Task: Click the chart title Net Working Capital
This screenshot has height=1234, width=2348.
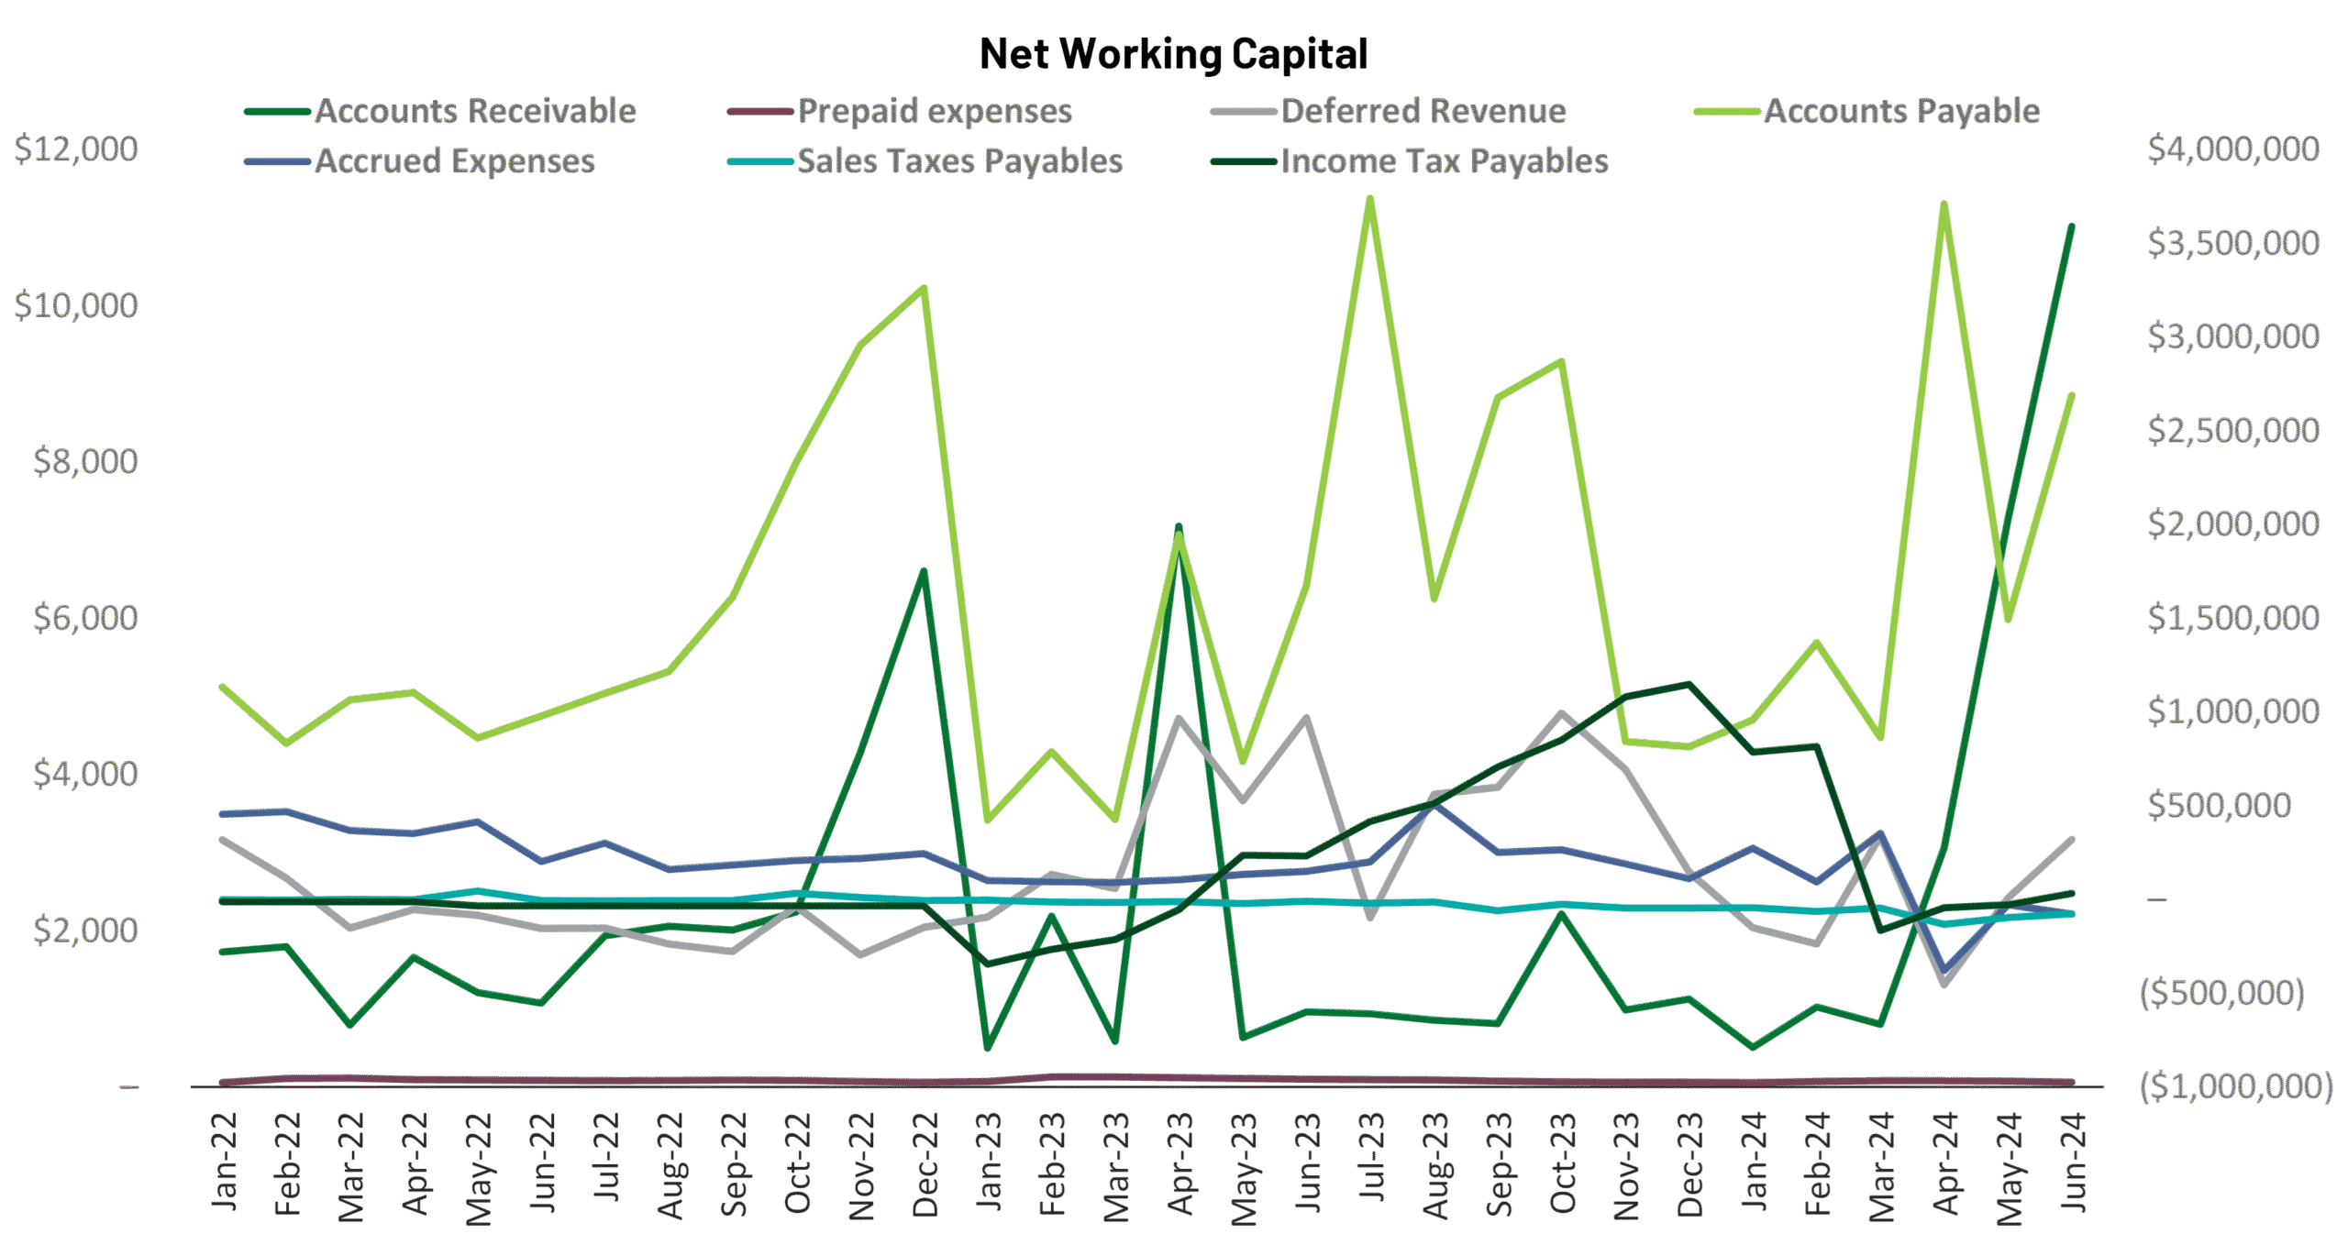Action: [x=1173, y=54]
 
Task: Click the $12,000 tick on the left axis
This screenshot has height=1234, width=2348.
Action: [x=76, y=149]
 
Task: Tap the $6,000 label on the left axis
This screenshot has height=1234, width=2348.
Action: [x=84, y=618]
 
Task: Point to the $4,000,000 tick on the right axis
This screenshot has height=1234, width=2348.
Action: [x=2233, y=149]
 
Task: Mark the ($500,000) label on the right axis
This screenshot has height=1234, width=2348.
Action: [x=2221, y=993]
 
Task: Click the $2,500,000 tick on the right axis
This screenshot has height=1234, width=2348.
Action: [x=2233, y=431]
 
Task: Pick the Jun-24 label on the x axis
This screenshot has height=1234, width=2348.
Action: [x=2074, y=1162]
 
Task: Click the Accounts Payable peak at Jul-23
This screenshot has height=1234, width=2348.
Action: [x=1369, y=199]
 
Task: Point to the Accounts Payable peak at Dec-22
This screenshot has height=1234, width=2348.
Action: [x=924, y=289]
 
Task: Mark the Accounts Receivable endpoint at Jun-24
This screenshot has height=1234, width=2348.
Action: [x=2071, y=226]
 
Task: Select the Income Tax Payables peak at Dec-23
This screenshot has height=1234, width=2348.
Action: [x=1689, y=684]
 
